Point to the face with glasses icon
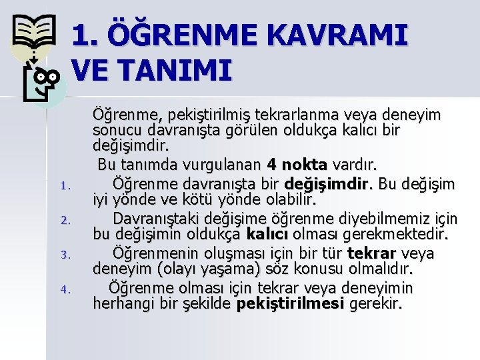tap(43, 81)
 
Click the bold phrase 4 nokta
tap(297, 164)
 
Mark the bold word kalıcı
tap(267, 235)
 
